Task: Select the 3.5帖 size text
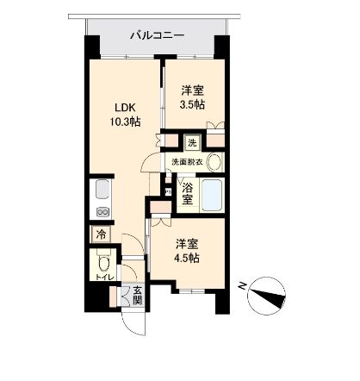pos(192,103)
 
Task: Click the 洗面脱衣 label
pos(186,161)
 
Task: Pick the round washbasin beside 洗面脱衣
pos(214,161)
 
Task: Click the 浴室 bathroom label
pos(188,193)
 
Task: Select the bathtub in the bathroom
pos(212,193)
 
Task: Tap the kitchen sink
pos(100,192)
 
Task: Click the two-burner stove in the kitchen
pos(101,213)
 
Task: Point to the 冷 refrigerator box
pos(101,233)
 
